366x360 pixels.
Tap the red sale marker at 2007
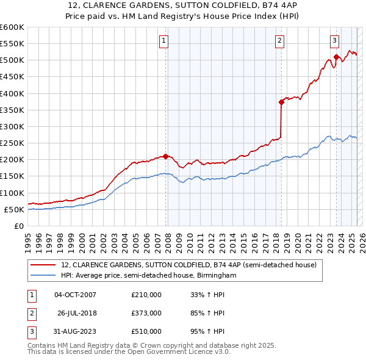[x=165, y=156]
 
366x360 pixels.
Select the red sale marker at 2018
[x=281, y=103]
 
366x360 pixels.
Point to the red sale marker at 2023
[x=336, y=57]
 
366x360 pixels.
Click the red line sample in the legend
[x=43, y=265]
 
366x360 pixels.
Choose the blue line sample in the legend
[x=43, y=276]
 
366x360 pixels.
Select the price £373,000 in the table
[x=146, y=313]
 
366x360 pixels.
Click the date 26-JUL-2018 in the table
[x=77, y=313]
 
